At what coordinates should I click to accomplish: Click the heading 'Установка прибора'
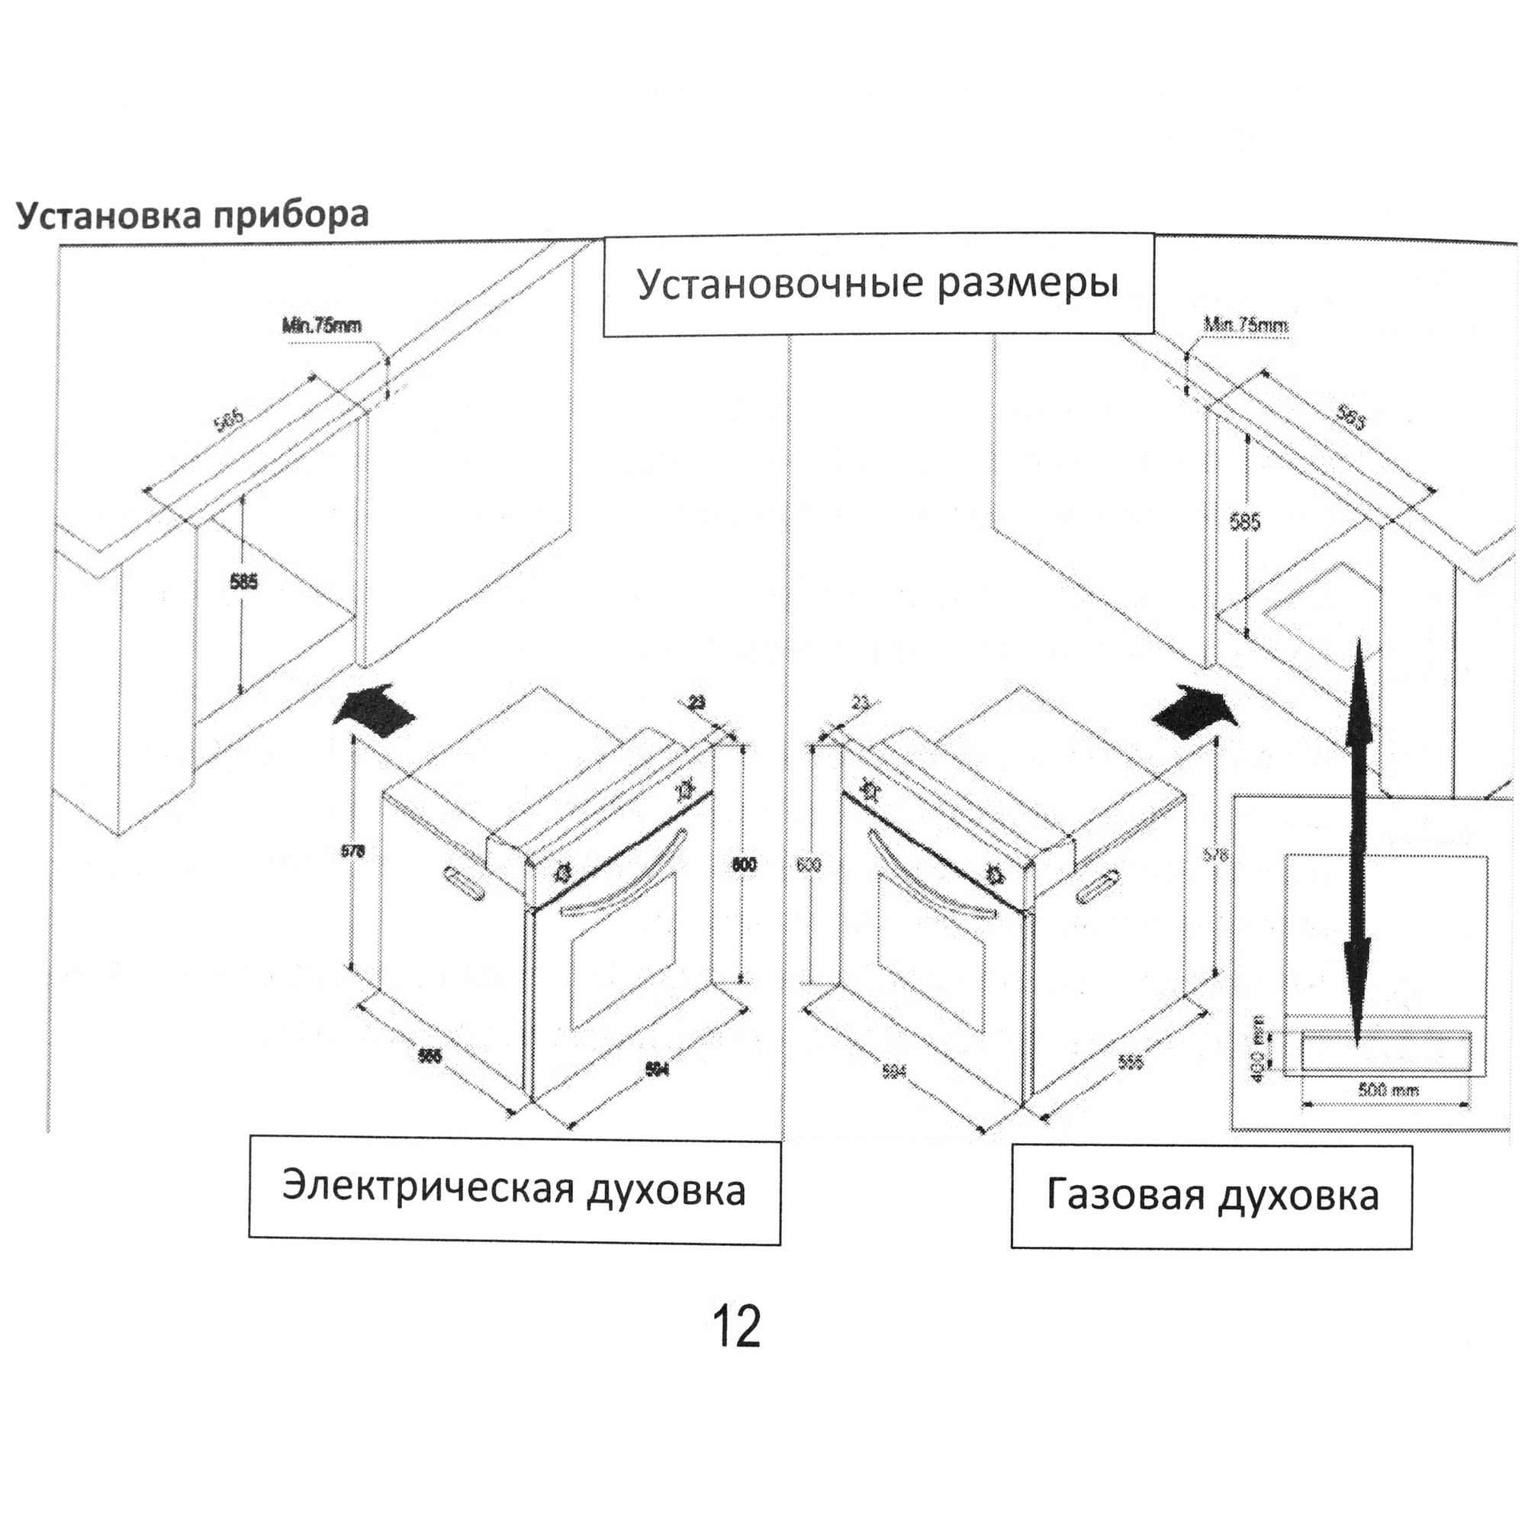click(193, 216)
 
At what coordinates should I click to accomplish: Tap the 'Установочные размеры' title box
click(877, 284)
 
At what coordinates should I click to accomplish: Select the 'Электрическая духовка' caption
click(514, 1190)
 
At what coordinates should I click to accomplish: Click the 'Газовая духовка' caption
click(1211, 1195)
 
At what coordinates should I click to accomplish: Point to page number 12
click(736, 1327)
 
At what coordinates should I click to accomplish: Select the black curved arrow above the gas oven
click(1194, 710)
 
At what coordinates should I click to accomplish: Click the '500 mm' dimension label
click(1388, 1090)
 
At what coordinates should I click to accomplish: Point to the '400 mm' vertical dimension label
click(1259, 1049)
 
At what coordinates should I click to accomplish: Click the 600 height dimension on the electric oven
click(744, 864)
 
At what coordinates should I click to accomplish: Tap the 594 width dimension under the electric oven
click(657, 1070)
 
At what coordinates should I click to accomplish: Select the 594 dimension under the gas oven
click(893, 1072)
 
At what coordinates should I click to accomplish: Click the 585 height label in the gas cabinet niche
click(1244, 521)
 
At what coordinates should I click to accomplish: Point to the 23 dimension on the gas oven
click(861, 701)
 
